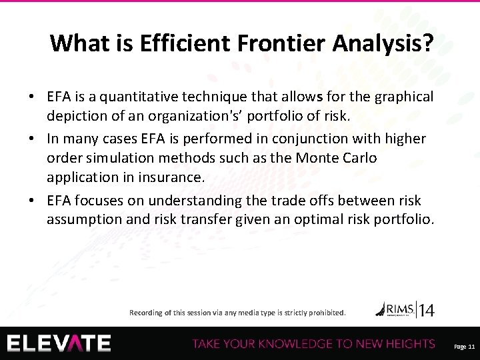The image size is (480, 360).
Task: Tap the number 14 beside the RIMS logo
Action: (x=427, y=309)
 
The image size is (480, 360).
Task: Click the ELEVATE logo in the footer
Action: (x=60, y=343)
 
